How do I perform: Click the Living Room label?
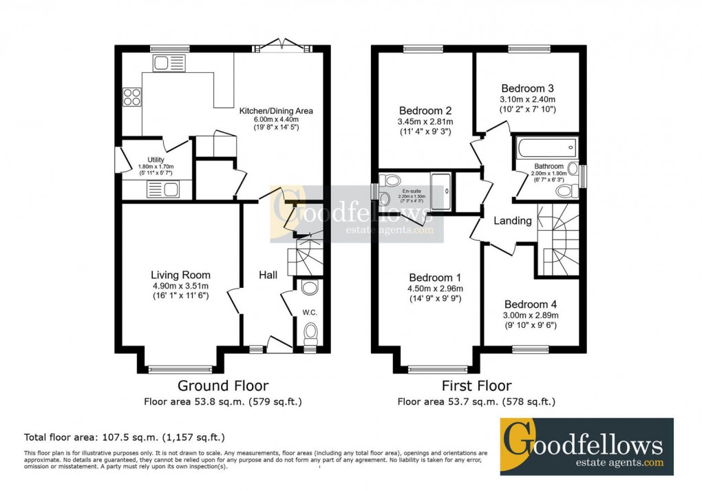coord(181,275)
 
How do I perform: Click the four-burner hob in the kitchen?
coord(131,98)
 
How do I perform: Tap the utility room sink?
coord(162,189)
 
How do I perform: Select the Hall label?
coord(268,275)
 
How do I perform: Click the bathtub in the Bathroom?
coord(546,146)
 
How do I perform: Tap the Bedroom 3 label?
coord(527,88)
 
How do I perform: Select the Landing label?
coord(513,221)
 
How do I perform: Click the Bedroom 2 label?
coord(425,111)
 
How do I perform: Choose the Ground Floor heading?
coord(223,386)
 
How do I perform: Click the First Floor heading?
coord(477,386)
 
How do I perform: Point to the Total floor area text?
coord(125,437)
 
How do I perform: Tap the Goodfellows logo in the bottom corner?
coord(586,446)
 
